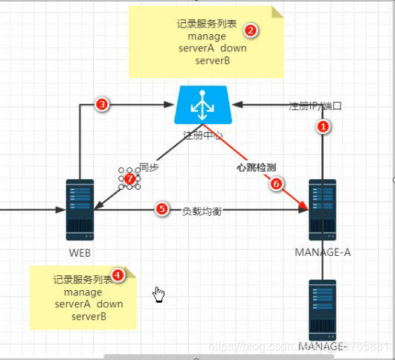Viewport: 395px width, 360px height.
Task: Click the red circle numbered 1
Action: tap(323, 127)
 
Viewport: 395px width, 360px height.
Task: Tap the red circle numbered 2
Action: tap(251, 30)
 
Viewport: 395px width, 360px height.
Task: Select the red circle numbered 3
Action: tap(103, 105)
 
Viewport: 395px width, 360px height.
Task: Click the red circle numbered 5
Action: tap(161, 210)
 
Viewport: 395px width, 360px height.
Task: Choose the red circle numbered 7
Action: tap(129, 179)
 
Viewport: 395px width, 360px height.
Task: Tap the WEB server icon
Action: tap(80, 208)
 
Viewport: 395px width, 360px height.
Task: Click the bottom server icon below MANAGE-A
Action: tap(323, 309)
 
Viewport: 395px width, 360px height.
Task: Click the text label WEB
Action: tap(80, 251)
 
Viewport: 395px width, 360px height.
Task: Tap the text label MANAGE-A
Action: tap(323, 251)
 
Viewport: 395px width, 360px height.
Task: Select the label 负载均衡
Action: tap(202, 210)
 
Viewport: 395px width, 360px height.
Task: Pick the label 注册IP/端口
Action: tap(315, 106)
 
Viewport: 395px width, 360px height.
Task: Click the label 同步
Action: tap(149, 168)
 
